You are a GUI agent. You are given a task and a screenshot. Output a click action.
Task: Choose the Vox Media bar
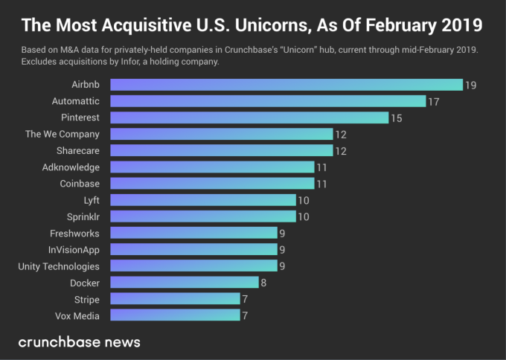click(175, 315)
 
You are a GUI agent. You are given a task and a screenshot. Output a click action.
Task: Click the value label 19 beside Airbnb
click(470, 85)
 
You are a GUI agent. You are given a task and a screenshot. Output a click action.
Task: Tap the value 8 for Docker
click(263, 283)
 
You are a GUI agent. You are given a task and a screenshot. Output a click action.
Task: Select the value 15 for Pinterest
click(396, 118)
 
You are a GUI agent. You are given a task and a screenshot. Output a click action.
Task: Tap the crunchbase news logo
click(79, 342)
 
